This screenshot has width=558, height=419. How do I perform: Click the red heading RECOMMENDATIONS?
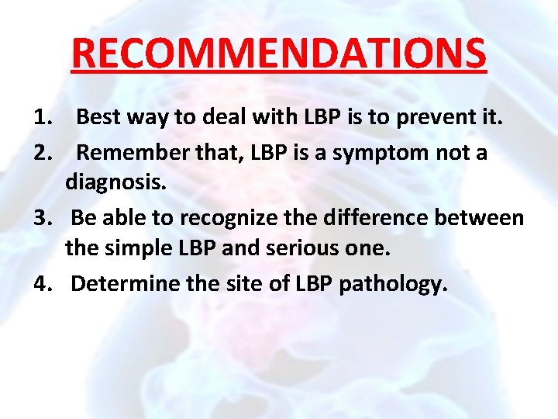pyautogui.click(x=279, y=53)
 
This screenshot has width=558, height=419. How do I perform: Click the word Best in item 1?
pyautogui.click(x=98, y=119)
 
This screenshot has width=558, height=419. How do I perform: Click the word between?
pyautogui.click(x=482, y=218)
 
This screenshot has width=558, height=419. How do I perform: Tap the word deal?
pyautogui.click(x=229, y=119)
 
